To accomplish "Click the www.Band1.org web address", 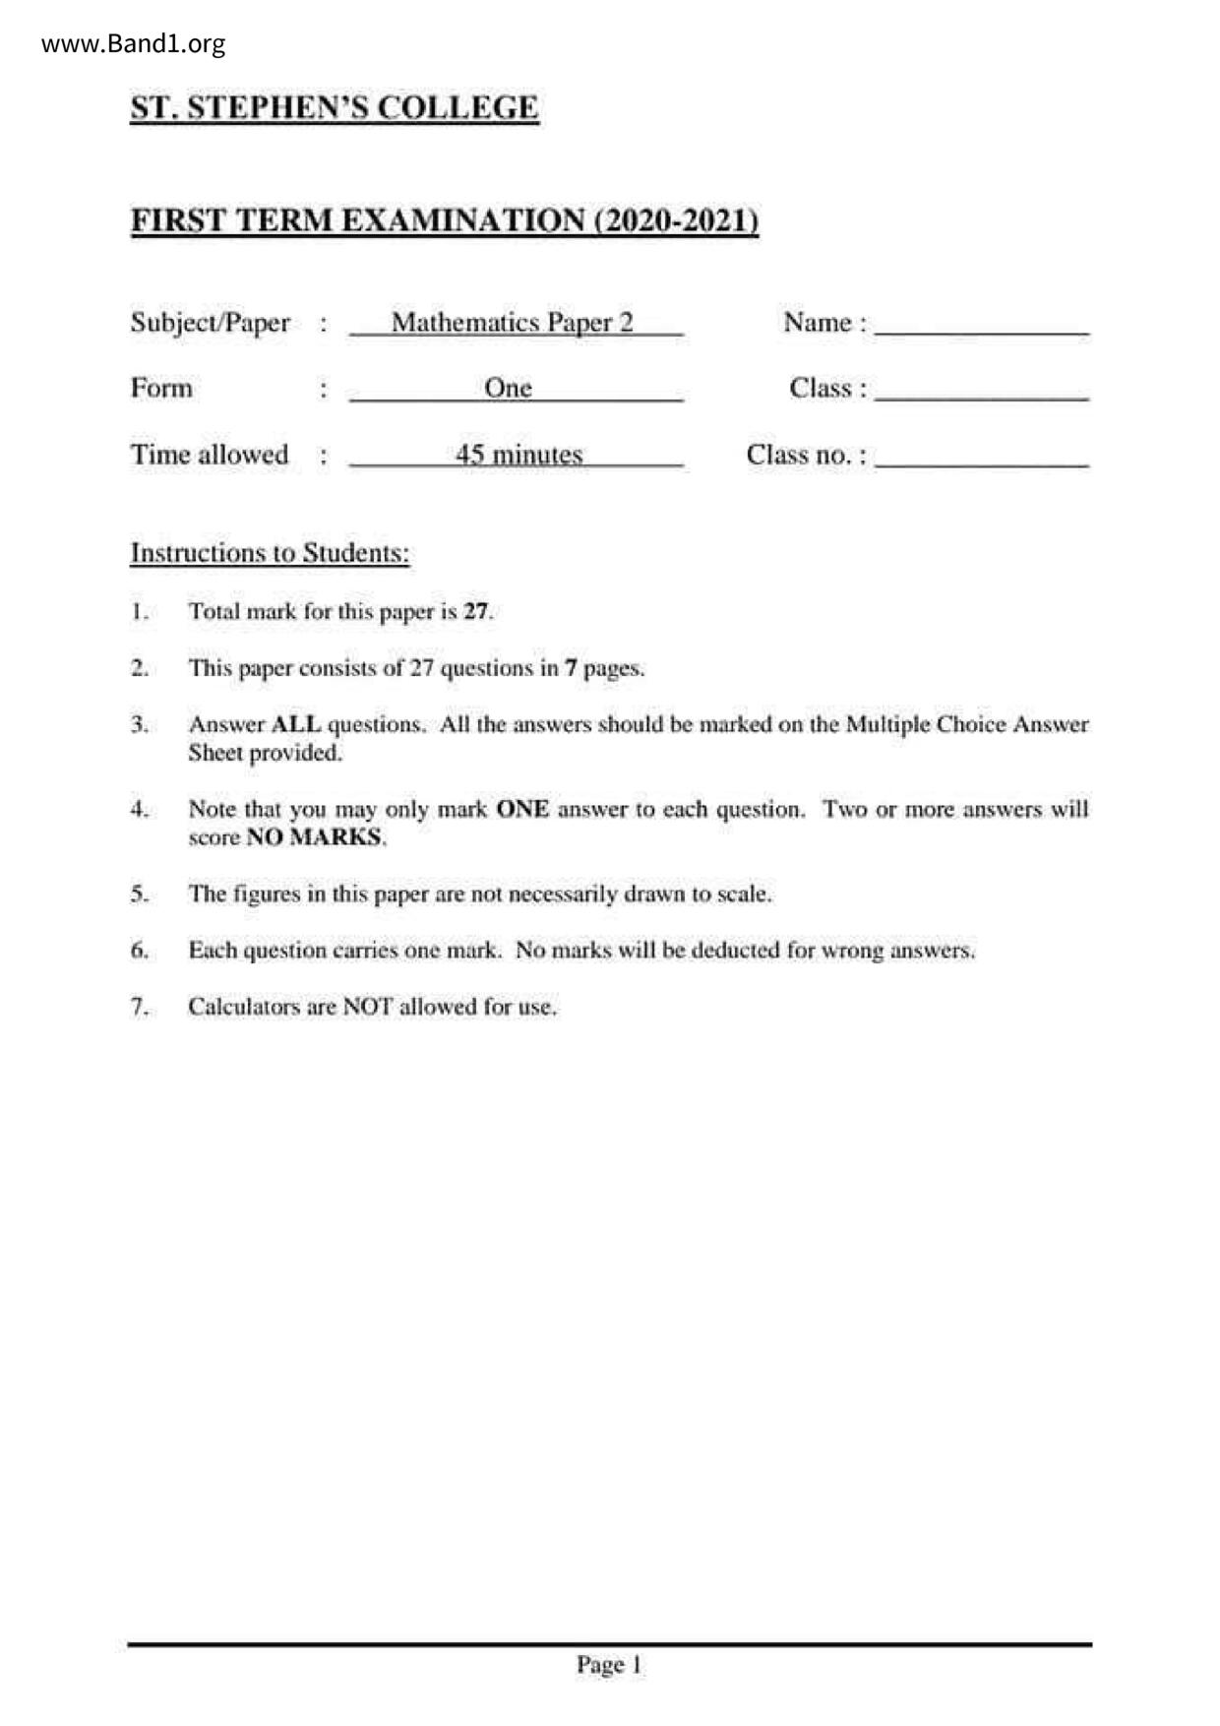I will (x=134, y=44).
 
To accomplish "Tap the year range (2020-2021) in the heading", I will (x=676, y=220).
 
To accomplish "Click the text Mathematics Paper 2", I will (x=513, y=323).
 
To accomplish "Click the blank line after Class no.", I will (x=981, y=463).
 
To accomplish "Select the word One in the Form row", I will (x=508, y=388).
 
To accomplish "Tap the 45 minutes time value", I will (x=518, y=455).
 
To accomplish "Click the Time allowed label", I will (x=210, y=455).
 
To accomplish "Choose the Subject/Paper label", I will (x=210, y=323).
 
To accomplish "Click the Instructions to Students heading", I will (x=270, y=553).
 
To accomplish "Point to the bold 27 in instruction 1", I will (x=475, y=611).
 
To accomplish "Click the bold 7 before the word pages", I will (x=570, y=668).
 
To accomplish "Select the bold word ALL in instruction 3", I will (x=295, y=724).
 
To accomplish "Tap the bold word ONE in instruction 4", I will (x=522, y=809).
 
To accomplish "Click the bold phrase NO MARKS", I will (x=314, y=837).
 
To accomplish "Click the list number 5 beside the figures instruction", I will (x=139, y=894).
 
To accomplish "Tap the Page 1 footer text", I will (x=609, y=1665).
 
